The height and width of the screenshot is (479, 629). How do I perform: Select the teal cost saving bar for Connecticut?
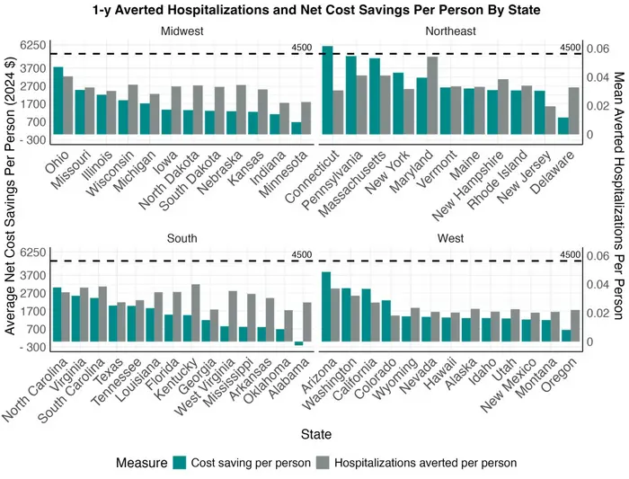327,90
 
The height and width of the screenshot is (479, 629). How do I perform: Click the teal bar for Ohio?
58,101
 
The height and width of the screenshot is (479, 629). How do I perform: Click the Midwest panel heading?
182,31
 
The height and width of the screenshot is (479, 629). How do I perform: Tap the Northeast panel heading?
452,31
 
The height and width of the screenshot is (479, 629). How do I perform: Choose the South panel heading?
182,238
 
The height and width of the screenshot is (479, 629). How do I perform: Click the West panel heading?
452,238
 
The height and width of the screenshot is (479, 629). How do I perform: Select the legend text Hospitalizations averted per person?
425,463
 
